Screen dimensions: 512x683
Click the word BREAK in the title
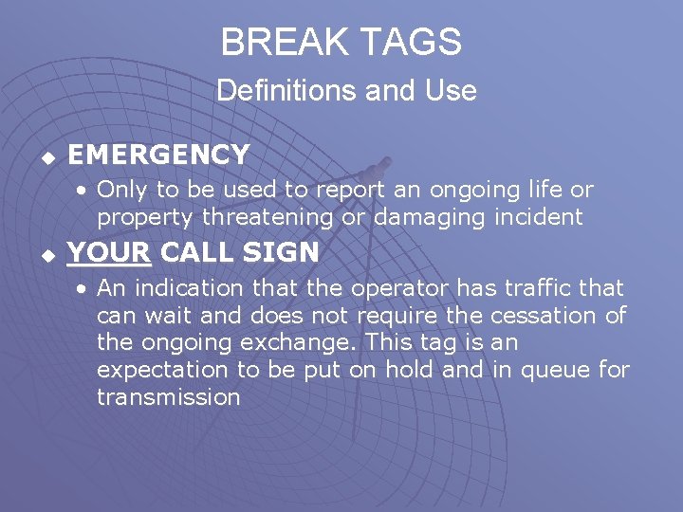click(282, 42)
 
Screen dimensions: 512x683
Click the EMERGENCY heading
click(158, 154)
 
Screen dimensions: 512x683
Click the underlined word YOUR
click(109, 253)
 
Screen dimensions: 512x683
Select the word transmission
click(168, 397)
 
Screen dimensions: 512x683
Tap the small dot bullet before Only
click(84, 190)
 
